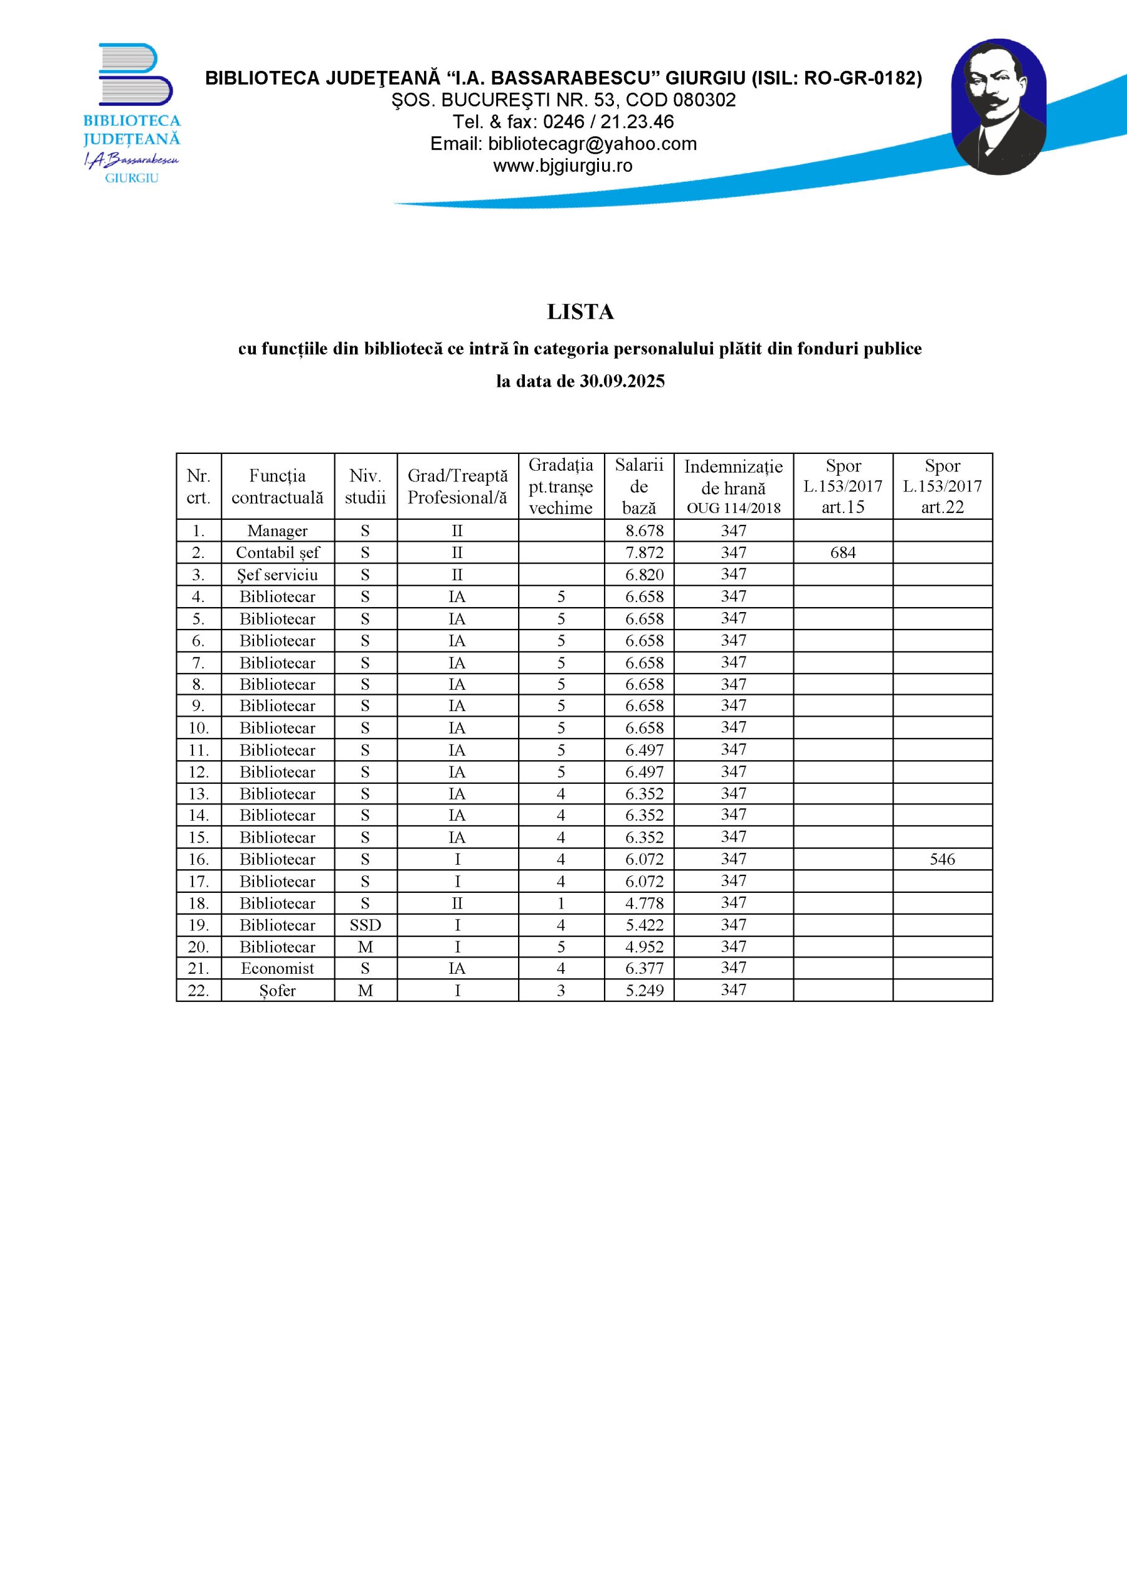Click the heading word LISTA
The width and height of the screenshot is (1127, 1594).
pyautogui.click(x=580, y=313)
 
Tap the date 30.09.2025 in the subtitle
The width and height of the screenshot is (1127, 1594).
pyautogui.click(x=621, y=381)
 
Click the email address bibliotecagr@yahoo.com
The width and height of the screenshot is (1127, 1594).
pyautogui.click(x=592, y=144)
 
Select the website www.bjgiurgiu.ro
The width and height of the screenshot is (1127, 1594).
pyautogui.click(x=562, y=166)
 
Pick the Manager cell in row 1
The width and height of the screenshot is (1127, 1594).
pyautogui.click(x=277, y=531)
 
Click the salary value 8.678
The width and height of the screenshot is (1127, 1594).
pyautogui.click(x=644, y=531)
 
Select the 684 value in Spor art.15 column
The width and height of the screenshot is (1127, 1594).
pyautogui.click(x=842, y=553)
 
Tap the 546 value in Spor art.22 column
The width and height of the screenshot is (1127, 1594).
pyautogui.click(x=941, y=859)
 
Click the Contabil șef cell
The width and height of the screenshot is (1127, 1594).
pyautogui.click(x=277, y=553)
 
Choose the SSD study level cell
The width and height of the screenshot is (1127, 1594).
pyautogui.click(x=365, y=925)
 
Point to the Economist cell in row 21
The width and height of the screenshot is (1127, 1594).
pyautogui.click(x=277, y=968)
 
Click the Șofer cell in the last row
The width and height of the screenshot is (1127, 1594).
pyautogui.click(x=277, y=991)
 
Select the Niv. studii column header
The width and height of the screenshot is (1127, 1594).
pyautogui.click(x=365, y=486)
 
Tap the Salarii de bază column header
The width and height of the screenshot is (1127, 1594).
pyautogui.click(x=639, y=486)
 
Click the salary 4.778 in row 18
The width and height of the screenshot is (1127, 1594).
pyautogui.click(x=644, y=903)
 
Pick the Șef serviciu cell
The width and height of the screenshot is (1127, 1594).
pyautogui.click(x=277, y=575)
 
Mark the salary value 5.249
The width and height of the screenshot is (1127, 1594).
pyautogui.click(x=644, y=991)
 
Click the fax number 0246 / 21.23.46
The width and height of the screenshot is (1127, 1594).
pyautogui.click(x=608, y=122)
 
